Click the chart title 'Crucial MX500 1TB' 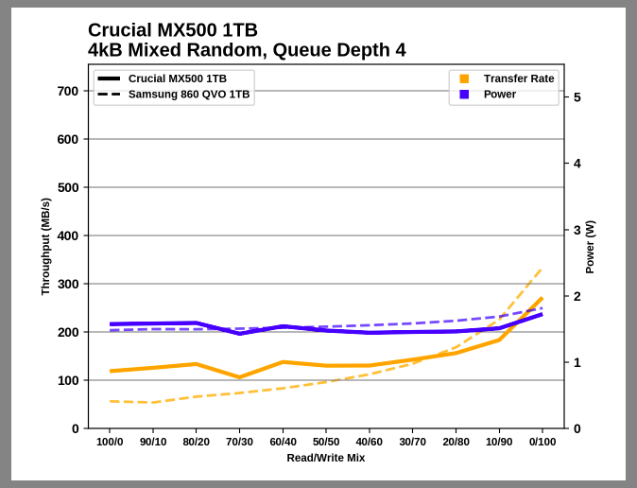pyautogui.click(x=173, y=30)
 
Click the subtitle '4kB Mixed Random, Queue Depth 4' pyautogui.click(x=247, y=50)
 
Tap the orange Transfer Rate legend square pyautogui.click(x=464, y=78)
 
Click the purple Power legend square pyautogui.click(x=464, y=95)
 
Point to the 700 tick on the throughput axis pyautogui.click(x=68, y=91)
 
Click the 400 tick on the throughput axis pyautogui.click(x=68, y=235)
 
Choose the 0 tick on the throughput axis pyautogui.click(x=76, y=428)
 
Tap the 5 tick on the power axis pyautogui.click(x=577, y=96)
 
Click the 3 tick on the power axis pyautogui.click(x=577, y=230)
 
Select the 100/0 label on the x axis pyautogui.click(x=110, y=442)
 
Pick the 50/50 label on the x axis pyautogui.click(x=326, y=442)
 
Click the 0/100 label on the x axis pyautogui.click(x=542, y=442)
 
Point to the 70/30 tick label pyautogui.click(x=239, y=442)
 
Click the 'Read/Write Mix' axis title pyautogui.click(x=326, y=458)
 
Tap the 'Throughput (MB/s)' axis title pyautogui.click(x=45, y=247)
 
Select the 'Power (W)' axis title pyautogui.click(x=591, y=247)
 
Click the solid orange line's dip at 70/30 pyautogui.click(x=239, y=377)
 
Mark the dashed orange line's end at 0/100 pyautogui.click(x=542, y=270)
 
